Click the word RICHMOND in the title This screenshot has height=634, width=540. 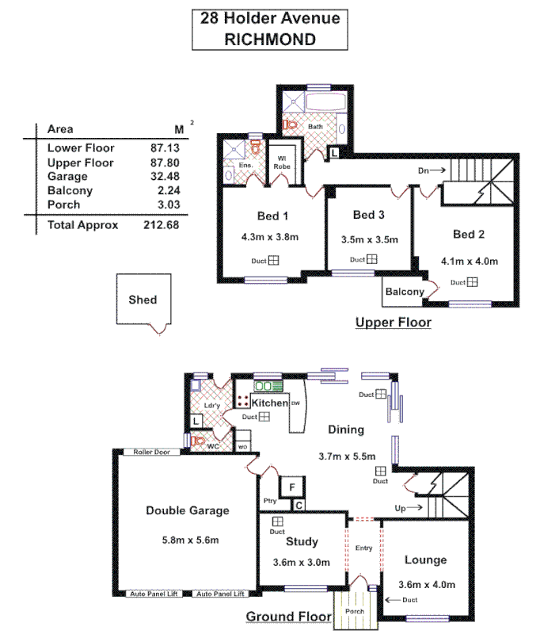[x=270, y=39]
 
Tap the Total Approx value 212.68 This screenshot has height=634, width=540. [x=162, y=225]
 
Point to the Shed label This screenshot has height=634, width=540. [x=143, y=300]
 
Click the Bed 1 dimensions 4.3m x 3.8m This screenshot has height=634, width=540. [x=270, y=236]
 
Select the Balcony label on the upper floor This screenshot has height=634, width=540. [x=405, y=292]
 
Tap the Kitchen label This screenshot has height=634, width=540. [x=270, y=403]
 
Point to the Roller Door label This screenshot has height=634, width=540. [x=153, y=452]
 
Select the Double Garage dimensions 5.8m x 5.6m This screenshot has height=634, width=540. [x=188, y=540]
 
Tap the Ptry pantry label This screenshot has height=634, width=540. [x=270, y=502]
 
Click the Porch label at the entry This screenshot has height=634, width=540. [x=353, y=613]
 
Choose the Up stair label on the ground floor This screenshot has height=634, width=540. [x=401, y=507]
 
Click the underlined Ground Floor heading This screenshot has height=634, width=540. [x=288, y=617]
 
